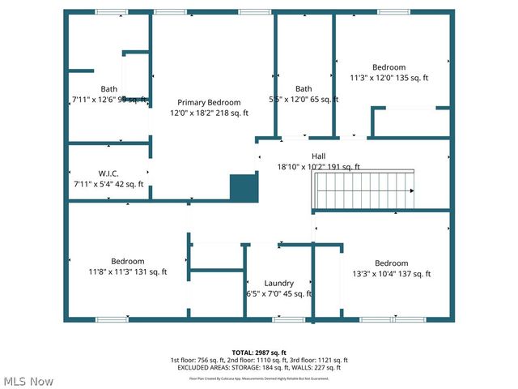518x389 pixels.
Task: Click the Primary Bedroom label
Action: click(x=209, y=103)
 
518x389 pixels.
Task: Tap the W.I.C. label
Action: click(x=108, y=173)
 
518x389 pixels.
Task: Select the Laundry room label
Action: click(x=278, y=284)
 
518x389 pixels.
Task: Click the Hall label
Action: click(x=319, y=156)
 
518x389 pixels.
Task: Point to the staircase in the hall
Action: click(x=363, y=190)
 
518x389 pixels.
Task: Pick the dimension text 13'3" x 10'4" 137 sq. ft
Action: click(x=391, y=274)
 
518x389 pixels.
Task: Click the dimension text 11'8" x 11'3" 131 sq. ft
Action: click(x=128, y=272)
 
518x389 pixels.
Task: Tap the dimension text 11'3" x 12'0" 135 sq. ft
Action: click(x=388, y=79)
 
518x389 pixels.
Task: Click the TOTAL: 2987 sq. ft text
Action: click(x=259, y=353)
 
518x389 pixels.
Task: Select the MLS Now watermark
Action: click(x=29, y=381)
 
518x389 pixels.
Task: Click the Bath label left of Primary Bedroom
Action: click(x=108, y=89)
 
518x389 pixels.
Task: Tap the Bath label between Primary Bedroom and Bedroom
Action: click(x=304, y=89)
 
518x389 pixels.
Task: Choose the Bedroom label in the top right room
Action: click(x=388, y=67)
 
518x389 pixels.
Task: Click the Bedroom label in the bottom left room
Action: click(x=128, y=261)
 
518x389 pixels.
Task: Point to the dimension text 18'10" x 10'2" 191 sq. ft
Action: click(x=319, y=167)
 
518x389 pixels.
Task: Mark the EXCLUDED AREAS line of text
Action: click(x=259, y=367)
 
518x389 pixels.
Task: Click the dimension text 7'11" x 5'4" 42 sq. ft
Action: click(x=108, y=184)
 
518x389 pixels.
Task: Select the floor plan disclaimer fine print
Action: click(x=259, y=378)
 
